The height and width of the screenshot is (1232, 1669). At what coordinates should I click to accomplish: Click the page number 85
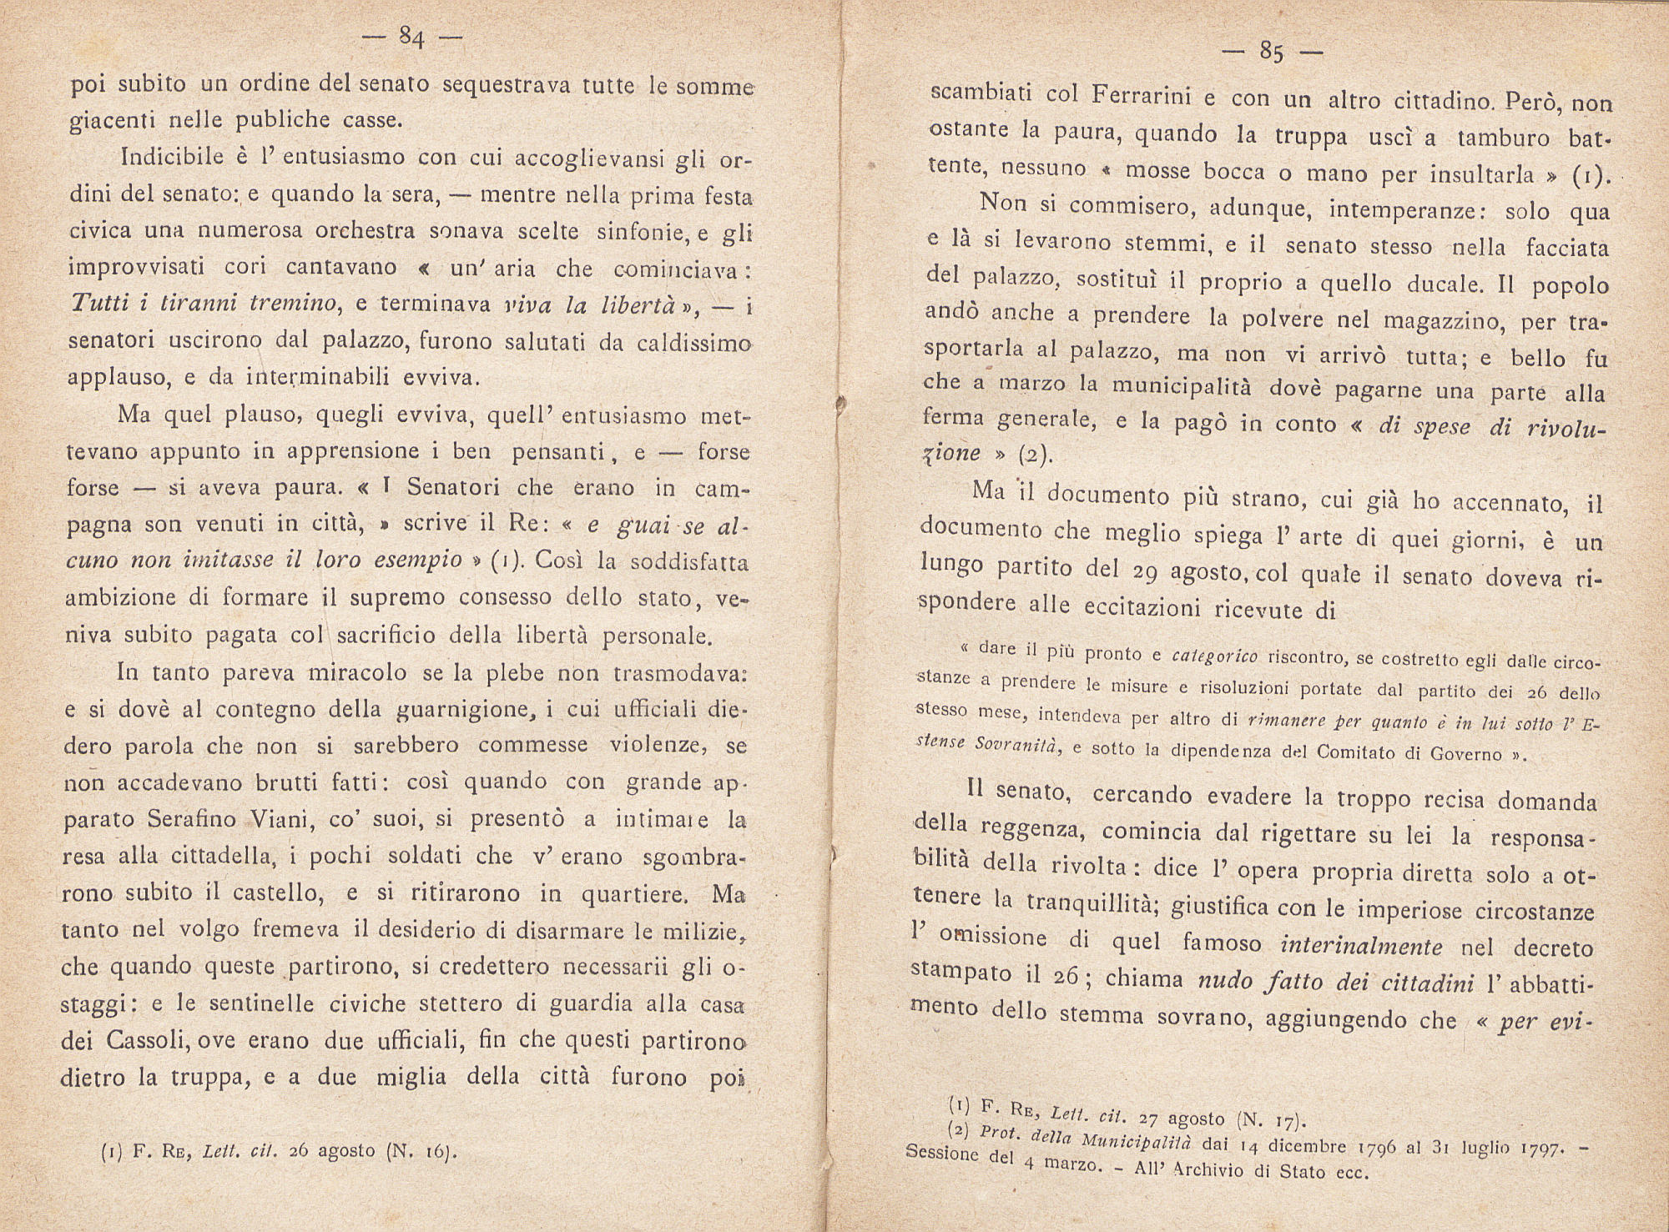pos(1272,53)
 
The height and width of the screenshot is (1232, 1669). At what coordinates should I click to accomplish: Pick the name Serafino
pos(192,819)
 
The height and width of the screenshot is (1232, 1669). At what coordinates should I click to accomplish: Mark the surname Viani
pos(278,819)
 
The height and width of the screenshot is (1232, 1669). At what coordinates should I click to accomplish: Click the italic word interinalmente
pos(1360,945)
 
